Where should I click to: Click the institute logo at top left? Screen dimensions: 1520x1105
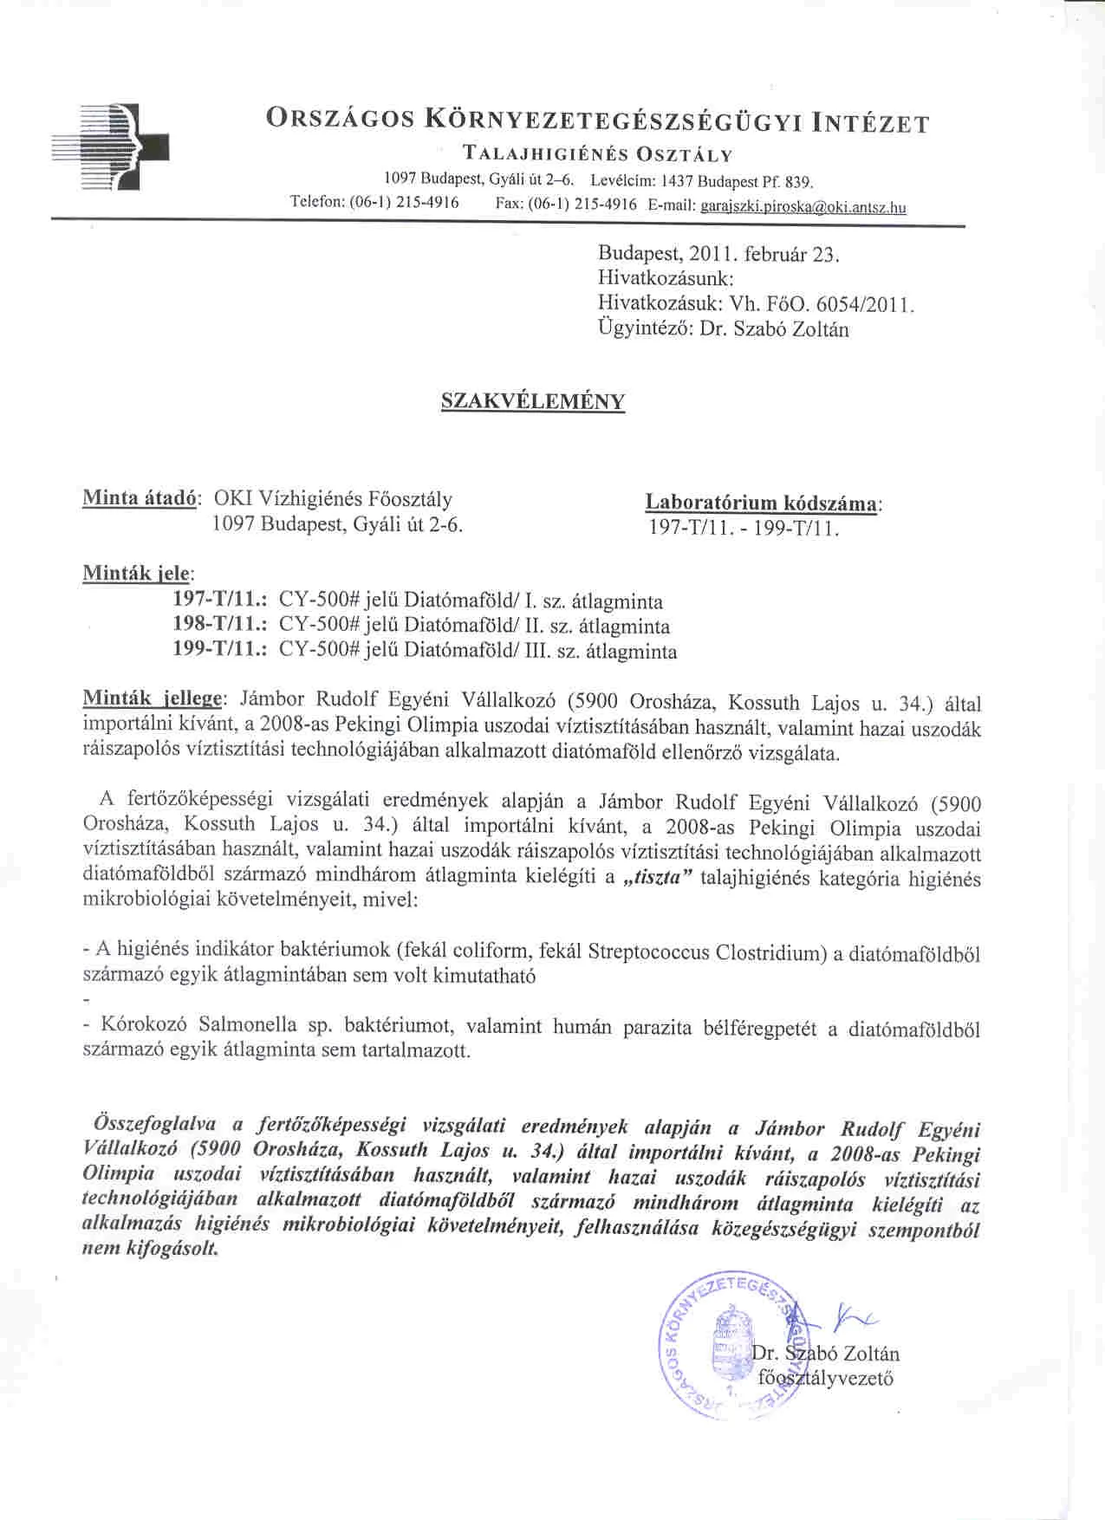point(110,146)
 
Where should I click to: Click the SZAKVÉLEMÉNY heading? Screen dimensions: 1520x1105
point(533,401)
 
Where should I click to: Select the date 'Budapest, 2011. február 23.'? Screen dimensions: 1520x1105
point(719,255)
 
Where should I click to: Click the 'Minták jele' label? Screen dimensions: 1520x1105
point(138,573)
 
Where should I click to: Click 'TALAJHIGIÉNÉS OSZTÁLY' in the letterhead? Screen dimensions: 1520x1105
point(598,155)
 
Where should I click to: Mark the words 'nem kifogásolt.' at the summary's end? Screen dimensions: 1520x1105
point(150,1250)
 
